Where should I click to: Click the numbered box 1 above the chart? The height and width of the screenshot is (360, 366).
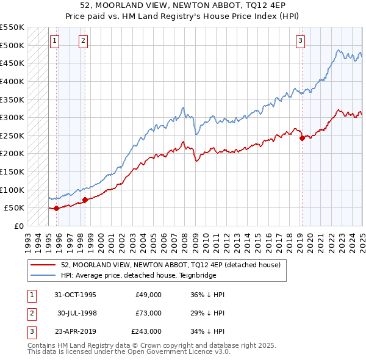pyautogui.click(x=54, y=41)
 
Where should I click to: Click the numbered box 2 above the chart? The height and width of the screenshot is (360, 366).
pyautogui.click(x=83, y=41)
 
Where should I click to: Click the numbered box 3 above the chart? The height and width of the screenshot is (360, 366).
pyautogui.click(x=301, y=41)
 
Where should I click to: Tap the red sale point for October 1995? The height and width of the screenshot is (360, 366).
pyautogui.click(x=57, y=208)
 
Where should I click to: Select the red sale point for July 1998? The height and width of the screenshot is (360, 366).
pyautogui.click(x=85, y=200)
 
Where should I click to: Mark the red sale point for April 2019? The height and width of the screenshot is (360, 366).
pyautogui.click(x=302, y=138)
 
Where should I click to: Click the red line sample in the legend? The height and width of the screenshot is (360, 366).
pyautogui.click(x=43, y=265)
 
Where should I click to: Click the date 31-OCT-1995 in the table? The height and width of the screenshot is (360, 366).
pyautogui.click(x=75, y=294)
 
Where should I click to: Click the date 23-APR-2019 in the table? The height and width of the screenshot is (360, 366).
pyautogui.click(x=75, y=332)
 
